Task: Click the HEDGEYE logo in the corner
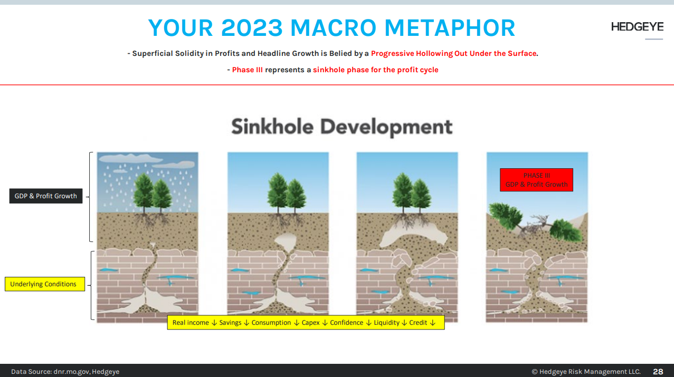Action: tap(637, 27)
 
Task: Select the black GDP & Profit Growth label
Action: tap(46, 196)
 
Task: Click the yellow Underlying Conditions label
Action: tap(44, 284)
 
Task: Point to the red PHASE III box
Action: tap(536, 180)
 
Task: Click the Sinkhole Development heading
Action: tap(341, 127)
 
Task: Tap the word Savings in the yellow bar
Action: tap(230, 323)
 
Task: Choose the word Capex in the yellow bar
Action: tap(310, 323)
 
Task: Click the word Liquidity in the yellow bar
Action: tap(386, 323)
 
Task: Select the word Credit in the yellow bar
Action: tap(418, 323)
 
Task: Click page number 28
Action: tap(658, 372)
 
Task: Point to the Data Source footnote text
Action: tap(65, 372)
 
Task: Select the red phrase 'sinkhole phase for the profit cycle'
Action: tap(376, 70)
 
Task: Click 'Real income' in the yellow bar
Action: tap(191, 323)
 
